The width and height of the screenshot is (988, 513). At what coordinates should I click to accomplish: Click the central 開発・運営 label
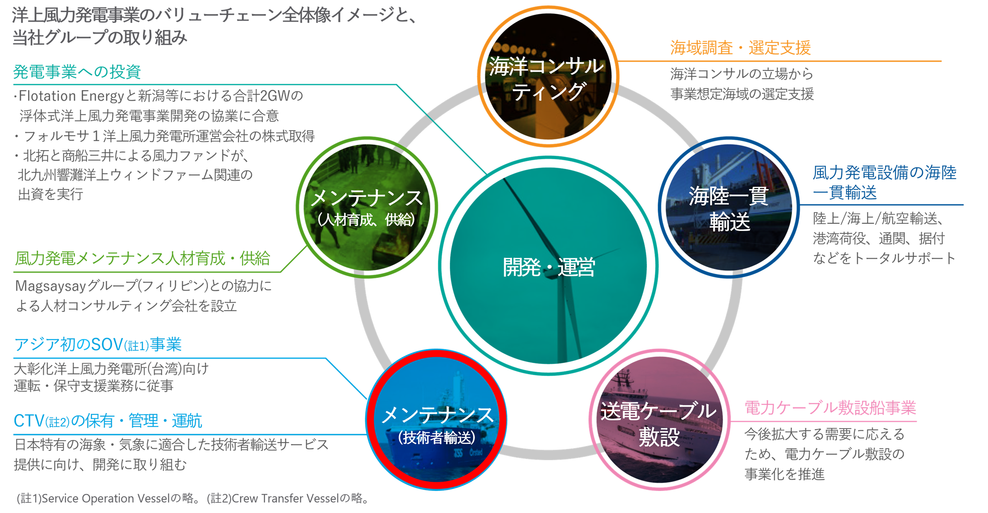coord(549,267)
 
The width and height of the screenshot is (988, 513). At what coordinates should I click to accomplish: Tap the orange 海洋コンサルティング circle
coord(548,78)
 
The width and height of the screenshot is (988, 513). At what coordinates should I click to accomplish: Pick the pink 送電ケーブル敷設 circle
coord(659,422)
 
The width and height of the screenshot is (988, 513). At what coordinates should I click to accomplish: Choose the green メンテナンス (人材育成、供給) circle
coord(366,207)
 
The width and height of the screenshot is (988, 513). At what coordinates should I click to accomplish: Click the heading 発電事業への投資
coord(77,72)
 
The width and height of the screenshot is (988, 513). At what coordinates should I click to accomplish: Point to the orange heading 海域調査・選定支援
coord(740,48)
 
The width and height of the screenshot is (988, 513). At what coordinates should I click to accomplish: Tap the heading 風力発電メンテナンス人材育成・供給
coord(142,259)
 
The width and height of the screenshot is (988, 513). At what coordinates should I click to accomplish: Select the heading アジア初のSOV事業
coord(98,345)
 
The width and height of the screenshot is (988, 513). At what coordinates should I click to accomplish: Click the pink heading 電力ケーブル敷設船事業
coord(830,408)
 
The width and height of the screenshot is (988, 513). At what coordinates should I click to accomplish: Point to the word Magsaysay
coord(50,286)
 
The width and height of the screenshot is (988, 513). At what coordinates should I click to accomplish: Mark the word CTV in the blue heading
coord(28,421)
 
